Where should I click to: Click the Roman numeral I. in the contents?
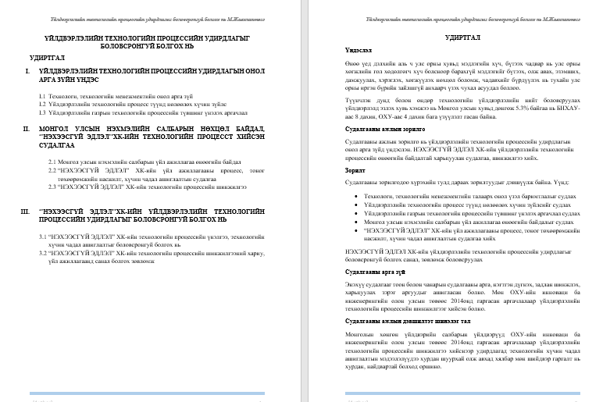tap(28, 71)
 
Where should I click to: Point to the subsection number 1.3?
tap(42, 112)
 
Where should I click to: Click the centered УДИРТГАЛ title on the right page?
tap(462, 36)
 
